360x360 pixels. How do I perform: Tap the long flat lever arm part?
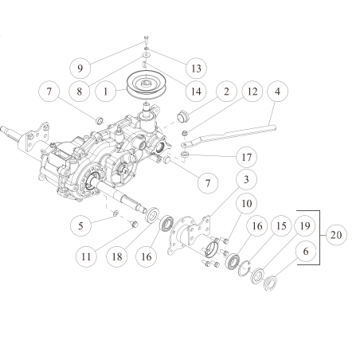tap(239, 130)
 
